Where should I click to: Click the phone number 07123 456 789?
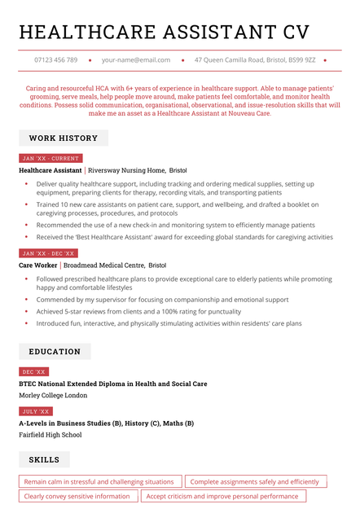tap(56, 60)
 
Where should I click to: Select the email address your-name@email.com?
tap(136, 60)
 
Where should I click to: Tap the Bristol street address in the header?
tap(255, 60)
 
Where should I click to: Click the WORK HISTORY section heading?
tap(64, 138)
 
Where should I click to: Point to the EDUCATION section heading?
tap(55, 352)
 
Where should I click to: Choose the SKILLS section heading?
tap(44, 460)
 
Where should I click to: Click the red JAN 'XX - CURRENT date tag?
tap(50, 158)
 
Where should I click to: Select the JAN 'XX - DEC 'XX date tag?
tap(48, 253)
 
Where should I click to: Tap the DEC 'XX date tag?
tap(33, 371)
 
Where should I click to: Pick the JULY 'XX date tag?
tap(36, 411)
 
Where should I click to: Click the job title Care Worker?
tap(38, 265)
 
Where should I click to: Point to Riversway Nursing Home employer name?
tap(126, 170)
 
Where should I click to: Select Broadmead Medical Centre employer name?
tap(104, 265)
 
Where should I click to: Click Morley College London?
tap(53, 395)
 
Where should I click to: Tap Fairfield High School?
tap(50, 435)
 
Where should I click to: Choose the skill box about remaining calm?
tap(99, 482)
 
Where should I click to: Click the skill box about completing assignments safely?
tap(255, 482)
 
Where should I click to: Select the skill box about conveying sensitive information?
tap(77, 496)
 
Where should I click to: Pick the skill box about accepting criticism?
tap(222, 496)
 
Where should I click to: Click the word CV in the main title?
tap(296, 32)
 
